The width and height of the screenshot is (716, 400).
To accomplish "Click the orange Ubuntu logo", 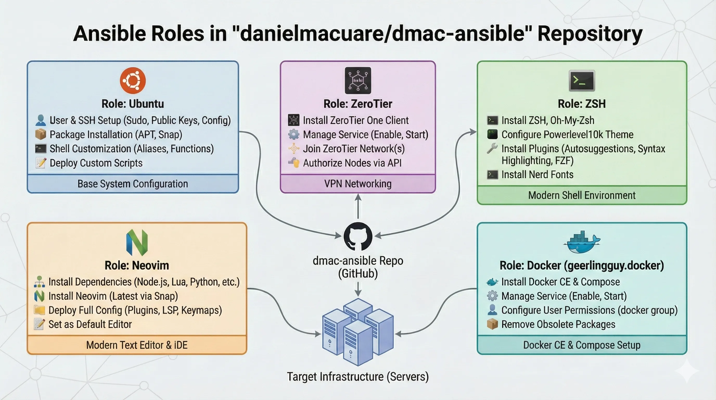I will point(133,80).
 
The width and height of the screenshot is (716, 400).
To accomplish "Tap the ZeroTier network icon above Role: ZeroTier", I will point(358,80).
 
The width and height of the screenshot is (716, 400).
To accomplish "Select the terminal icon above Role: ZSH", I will point(582,81).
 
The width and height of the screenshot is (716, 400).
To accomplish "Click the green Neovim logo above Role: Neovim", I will point(137,242).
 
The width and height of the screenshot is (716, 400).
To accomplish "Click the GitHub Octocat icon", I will point(358,236).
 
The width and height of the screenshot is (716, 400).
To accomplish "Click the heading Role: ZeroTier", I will point(358,104).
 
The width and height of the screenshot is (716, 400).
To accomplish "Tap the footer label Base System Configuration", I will point(133,184).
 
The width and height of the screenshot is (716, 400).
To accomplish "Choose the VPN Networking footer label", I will point(358,184).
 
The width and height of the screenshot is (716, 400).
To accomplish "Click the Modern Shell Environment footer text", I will point(582,195).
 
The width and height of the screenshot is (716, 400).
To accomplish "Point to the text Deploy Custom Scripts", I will point(96,163).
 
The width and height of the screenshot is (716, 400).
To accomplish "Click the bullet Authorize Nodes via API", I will point(352,163).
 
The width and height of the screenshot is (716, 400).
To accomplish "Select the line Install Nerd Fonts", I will point(537,175).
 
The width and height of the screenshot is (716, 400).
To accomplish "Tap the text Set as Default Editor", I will point(90,324).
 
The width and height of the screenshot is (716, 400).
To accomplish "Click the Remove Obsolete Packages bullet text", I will point(558,324).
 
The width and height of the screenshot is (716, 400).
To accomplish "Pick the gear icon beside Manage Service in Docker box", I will point(492,296).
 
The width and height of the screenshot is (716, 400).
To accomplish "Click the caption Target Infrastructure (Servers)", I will point(358,377).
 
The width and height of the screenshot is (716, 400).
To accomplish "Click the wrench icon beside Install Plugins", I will point(492,148).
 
